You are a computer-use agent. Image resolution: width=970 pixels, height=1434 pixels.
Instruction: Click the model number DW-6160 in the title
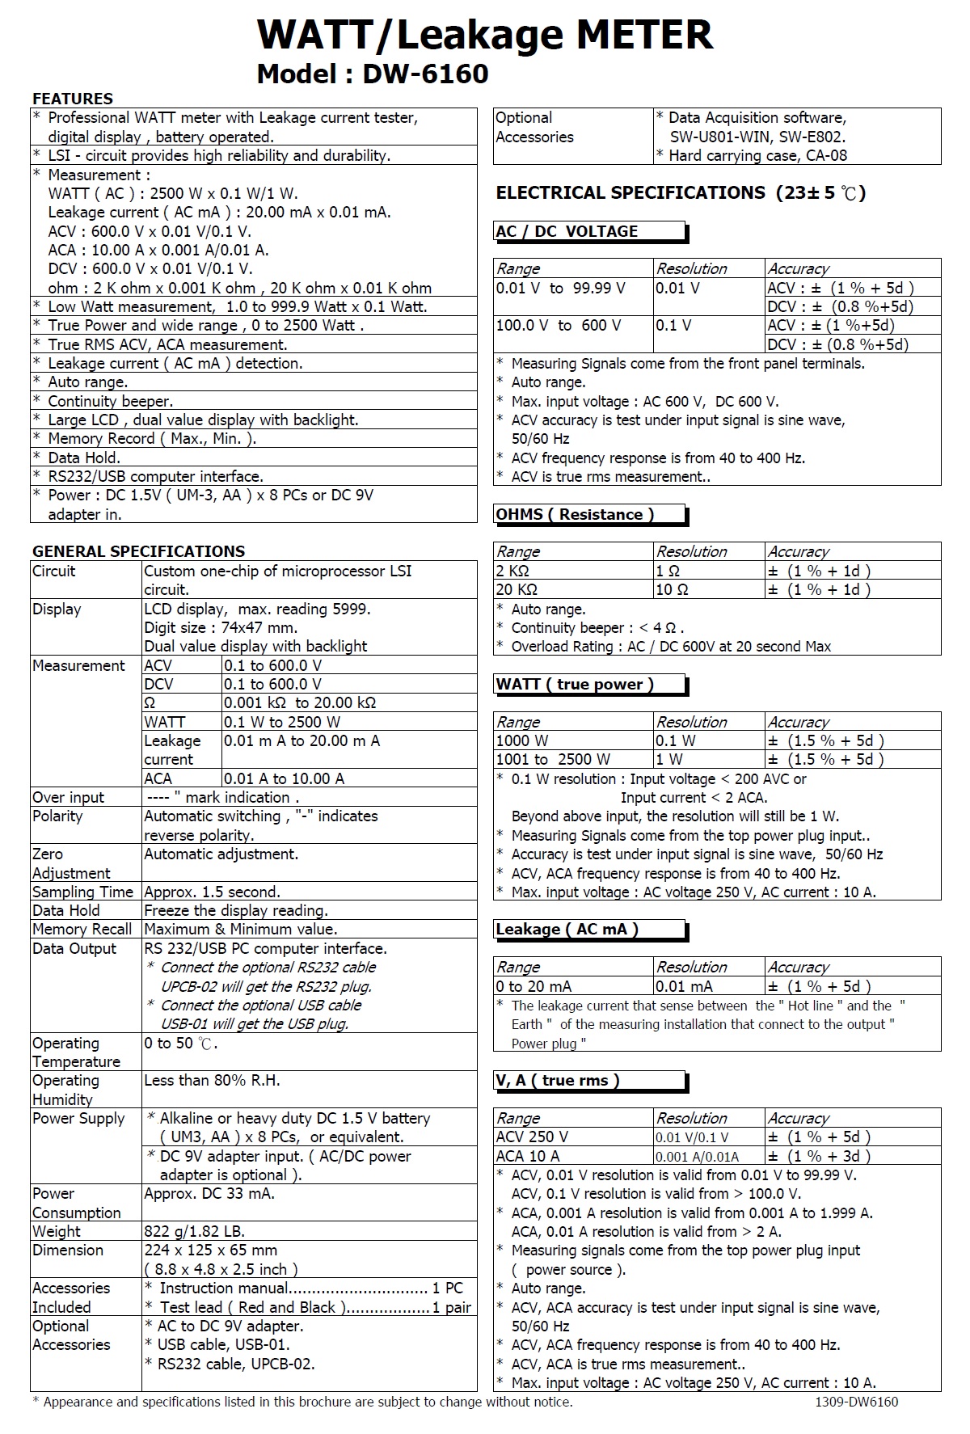(x=425, y=74)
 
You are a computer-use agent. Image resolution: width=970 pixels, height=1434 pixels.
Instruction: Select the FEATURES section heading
(x=73, y=99)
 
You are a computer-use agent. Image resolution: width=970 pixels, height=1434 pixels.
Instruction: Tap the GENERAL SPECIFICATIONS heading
(x=138, y=551)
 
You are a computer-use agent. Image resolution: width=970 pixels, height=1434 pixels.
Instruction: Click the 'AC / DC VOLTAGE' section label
(x=567, y=231)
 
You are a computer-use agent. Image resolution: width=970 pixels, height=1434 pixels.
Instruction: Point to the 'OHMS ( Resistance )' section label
(x=575, y=514)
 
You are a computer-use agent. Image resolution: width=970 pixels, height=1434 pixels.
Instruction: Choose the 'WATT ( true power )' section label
(x=575, y=684)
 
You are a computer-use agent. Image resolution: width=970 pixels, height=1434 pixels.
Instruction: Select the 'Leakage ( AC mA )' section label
(x=567, y=929)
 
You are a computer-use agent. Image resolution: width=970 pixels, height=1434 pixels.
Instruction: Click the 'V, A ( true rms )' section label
(x=558, y=1081)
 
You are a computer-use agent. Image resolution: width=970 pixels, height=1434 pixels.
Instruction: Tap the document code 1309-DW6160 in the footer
(x=857, y=1402)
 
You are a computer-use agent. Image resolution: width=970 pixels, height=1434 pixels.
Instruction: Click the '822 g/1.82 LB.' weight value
(x=194, y=1231)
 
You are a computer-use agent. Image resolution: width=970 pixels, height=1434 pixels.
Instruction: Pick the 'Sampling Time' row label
(x=82, y=892)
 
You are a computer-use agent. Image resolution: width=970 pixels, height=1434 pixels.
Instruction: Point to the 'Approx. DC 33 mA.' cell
(x=209, y=1193)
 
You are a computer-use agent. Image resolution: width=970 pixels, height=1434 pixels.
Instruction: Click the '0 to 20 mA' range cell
(x=533, y=986)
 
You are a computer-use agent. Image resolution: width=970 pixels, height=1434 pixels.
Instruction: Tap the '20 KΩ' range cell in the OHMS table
(x=517, y=589)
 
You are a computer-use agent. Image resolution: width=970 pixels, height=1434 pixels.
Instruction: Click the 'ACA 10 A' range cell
(x=528, y=1156)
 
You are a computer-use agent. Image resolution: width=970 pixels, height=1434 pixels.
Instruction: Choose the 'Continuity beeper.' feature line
(x=110, y=401)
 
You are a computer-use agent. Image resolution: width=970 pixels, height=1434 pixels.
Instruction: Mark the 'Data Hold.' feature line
(x=84, y=458)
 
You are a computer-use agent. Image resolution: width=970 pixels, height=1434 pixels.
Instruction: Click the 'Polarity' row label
(x=57, y=816)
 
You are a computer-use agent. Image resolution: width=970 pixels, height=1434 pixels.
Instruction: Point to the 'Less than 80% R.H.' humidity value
(x=212, y=1080)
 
